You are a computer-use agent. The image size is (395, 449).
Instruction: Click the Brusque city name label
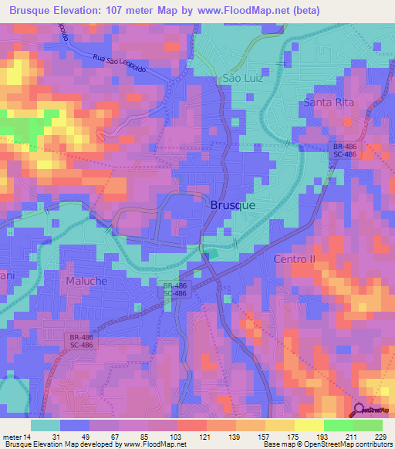[232, 207]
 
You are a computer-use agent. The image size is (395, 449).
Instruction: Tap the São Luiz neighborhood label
[222, 78]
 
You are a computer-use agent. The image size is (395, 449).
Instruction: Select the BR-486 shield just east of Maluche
[174, 289]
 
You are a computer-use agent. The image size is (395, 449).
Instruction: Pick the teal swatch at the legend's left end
[46, 425]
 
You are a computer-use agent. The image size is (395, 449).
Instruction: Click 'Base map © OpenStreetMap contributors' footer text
[325, 444]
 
